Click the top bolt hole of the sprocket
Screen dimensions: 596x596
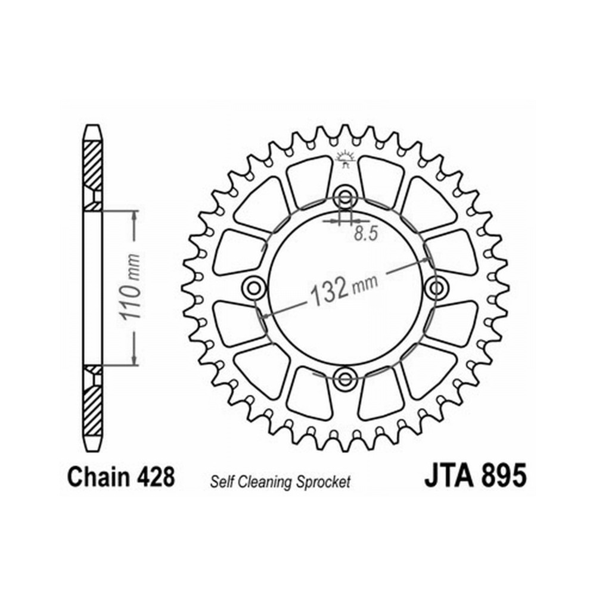(345, 197)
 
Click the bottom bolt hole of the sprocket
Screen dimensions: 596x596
(345, 378)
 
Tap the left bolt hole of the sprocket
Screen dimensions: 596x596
(253, 288)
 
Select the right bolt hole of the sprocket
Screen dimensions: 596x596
(437, 288)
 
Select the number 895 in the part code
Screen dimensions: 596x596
(504, 475)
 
